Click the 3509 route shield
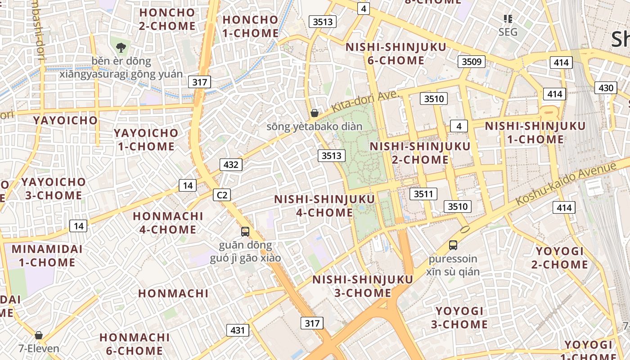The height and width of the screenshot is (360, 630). click(472, 62)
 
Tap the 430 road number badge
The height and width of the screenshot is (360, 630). click(606, 88)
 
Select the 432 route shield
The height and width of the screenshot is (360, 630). click(231, 165)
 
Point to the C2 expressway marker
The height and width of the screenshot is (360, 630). click(221, 195)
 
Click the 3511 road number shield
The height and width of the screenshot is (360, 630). click(423, 194)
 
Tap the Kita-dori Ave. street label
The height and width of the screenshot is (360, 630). click(365, 102)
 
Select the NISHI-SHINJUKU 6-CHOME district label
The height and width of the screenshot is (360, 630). click(396, 54)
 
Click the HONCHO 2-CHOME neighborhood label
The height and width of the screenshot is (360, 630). click(167, 19)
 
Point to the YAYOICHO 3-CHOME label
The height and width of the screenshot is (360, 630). click(54, 189)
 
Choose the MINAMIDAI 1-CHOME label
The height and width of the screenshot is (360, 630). click(47, 256)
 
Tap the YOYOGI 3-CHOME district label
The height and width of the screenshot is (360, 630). click(459, 318)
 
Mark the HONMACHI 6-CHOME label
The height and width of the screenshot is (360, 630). click(134, 344)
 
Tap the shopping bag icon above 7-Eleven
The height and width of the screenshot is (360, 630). click(39, 335)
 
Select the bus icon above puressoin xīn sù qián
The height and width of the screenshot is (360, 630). click(453, 245)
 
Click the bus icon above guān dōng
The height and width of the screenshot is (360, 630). click(245, 232)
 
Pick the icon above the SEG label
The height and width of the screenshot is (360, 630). click(508, 19)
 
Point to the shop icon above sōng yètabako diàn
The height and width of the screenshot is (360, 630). click(315, 113)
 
